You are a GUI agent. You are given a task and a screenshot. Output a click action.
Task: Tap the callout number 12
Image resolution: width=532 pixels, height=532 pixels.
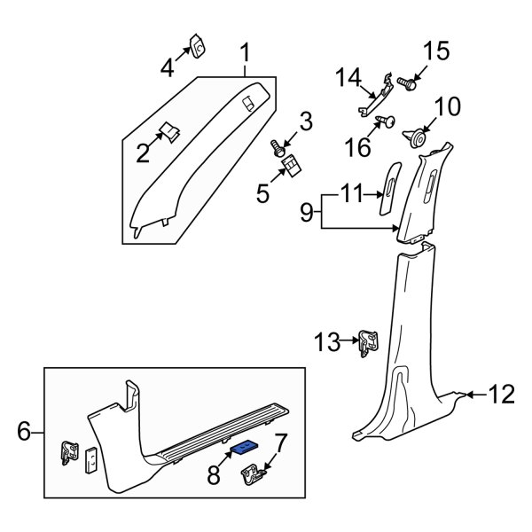point(501,393)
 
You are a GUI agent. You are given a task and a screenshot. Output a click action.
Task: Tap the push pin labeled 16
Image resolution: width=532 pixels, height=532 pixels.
point(385,121)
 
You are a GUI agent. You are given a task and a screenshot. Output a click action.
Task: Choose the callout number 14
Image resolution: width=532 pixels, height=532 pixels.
point(348,79)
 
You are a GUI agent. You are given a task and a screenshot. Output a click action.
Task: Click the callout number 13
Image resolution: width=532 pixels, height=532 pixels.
point(327,338)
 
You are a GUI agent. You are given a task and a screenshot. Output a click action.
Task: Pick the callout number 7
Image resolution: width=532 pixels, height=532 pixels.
point(281,441)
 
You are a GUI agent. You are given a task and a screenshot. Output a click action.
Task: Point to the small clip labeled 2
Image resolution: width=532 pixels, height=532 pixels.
point(169,133)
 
